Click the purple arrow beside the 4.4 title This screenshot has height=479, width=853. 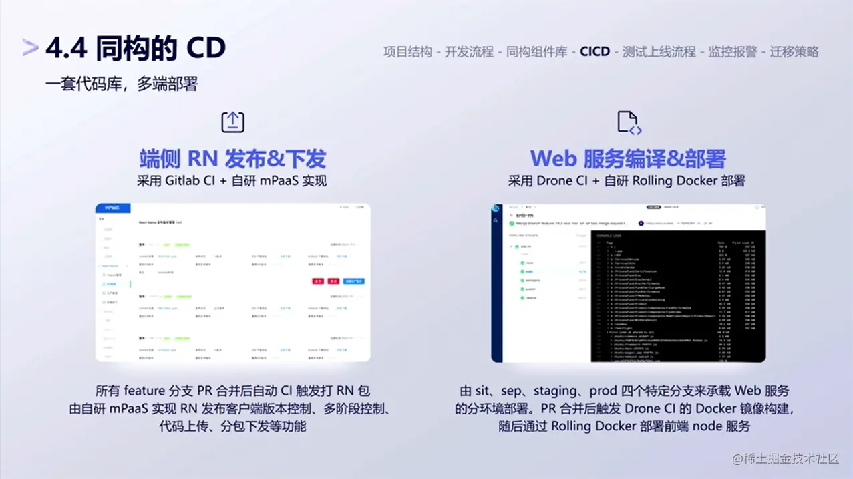tap(31, 47)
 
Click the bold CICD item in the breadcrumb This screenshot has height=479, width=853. tap(594, 52)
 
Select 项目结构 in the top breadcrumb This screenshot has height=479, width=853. tap(407, 52)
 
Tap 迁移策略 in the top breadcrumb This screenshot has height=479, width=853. tap(794, 52)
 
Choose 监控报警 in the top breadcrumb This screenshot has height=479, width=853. tap(733, 52)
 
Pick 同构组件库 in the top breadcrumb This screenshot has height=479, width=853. tap(536, 52)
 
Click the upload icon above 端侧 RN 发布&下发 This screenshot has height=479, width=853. tap(232, 122)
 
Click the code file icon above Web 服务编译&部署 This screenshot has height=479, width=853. tap(629, 123)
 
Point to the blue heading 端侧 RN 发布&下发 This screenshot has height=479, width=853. tap(232, 158)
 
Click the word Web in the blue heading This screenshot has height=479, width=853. tap(553, 159)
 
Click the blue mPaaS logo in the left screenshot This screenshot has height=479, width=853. tap(112, 208)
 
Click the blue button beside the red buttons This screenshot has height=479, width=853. tap(354, 281)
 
